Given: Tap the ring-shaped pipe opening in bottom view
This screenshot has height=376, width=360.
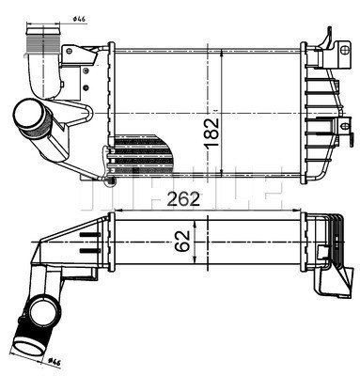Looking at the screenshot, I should point(43,309).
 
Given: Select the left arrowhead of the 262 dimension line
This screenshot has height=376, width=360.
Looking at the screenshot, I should point(113,209).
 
